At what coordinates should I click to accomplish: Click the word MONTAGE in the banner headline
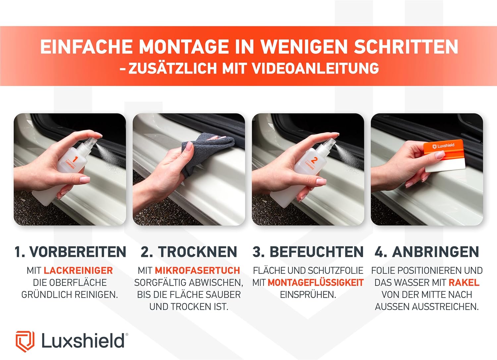pyautogui.click(x=184, y=47)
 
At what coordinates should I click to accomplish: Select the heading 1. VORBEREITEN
pyautogui.click(x=70, y=252)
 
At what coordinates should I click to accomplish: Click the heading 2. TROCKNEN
pyautogui.click(x=189, y=252)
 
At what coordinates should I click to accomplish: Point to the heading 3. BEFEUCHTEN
pyautogui.click(x=308, y=252)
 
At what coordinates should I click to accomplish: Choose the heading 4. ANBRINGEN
pyautogui.click(x=427, y=252)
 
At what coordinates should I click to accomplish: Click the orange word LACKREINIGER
pyautogui.click(x=78, y=271)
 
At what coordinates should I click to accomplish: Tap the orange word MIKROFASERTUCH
pyautogui.click(x=197, y=271)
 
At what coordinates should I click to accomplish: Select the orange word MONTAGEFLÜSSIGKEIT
pyautogui.click(x=315, y=283)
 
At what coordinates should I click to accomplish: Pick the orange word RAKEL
pyautogui.click(x=464, y=283)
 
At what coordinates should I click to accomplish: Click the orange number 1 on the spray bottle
pyautogui.click(x=75, y=159)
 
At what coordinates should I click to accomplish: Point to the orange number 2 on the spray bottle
pyautogui.click(x=313, y=160)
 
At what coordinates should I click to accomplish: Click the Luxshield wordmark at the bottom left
pyautogui.click(x=83, y=340)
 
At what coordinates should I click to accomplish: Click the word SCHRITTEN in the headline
pyautogui.click(x=406, y=47)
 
